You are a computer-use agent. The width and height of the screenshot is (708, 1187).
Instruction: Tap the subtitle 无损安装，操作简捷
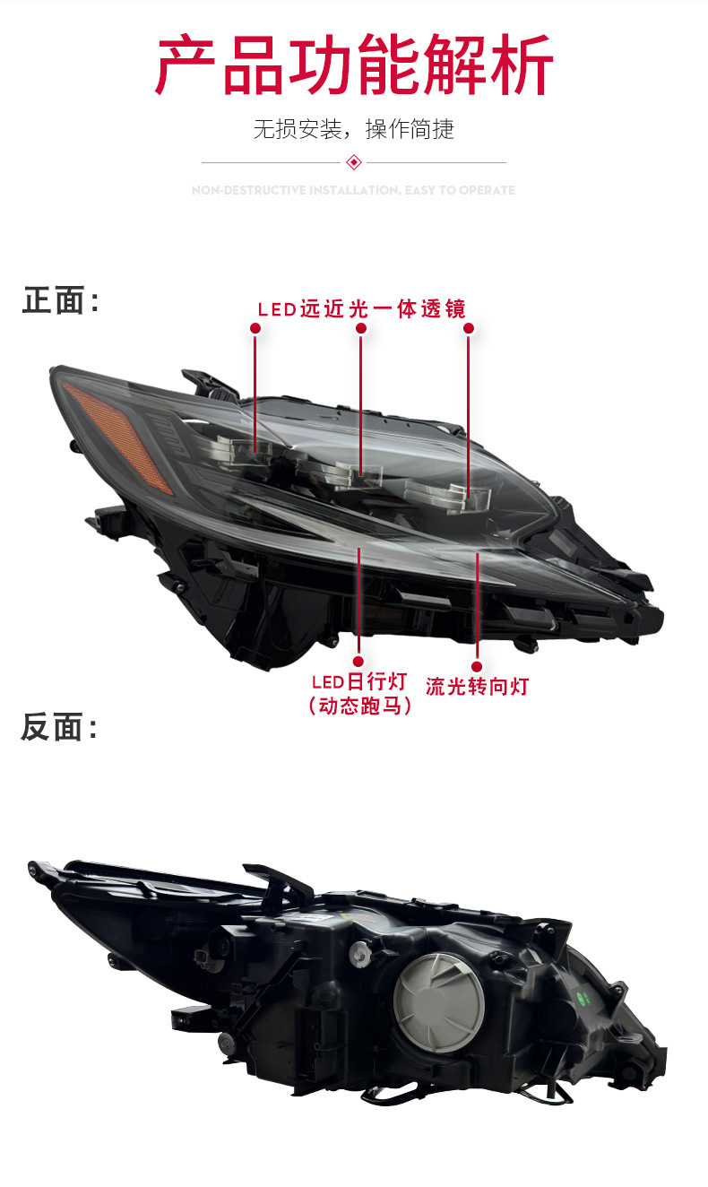(353, 129)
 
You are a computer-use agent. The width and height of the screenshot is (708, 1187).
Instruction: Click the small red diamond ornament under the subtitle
(354, 162)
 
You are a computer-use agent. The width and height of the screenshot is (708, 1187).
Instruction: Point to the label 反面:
(59, 727)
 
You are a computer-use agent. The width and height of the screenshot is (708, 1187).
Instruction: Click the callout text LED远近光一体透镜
(361, 309)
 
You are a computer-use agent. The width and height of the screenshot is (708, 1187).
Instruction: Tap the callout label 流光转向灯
(477, 687)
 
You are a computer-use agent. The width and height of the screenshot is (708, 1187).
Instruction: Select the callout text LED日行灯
(358, 683)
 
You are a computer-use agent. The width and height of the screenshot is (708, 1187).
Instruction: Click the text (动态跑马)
(358, 706)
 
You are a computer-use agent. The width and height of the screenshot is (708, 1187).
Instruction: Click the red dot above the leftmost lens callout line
(255, 329)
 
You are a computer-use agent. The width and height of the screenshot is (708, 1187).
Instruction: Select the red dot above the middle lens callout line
(361, 329)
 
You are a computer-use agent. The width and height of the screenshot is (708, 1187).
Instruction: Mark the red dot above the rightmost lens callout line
(468, 329)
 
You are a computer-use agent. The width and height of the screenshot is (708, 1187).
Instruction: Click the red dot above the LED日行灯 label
(358, 657)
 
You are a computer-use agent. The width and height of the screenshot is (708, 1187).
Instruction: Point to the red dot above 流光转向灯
(477, 666)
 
